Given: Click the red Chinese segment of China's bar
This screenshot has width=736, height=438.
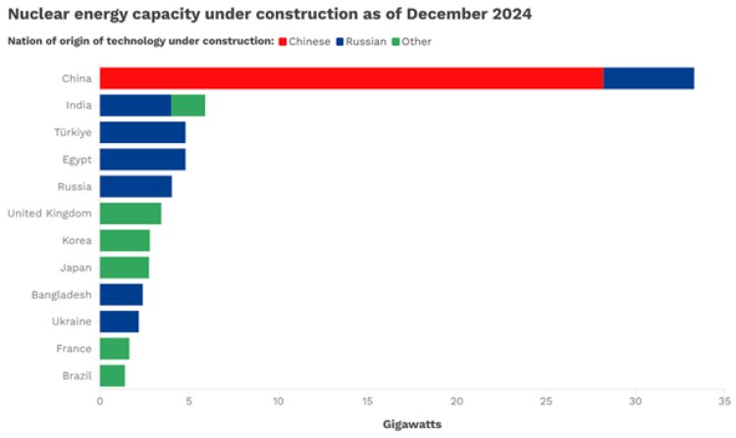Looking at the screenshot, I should (x=351, y=78).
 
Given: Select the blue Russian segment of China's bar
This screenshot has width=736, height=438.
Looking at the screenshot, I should (x=649, y=78).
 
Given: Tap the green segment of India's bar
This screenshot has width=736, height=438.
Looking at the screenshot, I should (x=188, y=106).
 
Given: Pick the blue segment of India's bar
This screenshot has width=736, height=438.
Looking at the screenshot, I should (x=135, y=106).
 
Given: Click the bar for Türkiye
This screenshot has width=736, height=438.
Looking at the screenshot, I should (x=142, y=132).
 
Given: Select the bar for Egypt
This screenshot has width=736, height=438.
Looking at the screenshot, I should (x=142, y=160).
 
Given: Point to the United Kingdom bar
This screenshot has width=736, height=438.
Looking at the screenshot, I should (x=131, y=214).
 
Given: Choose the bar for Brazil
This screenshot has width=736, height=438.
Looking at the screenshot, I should (x=112, y=375).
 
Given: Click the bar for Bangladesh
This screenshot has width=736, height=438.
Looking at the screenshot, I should (x=121, y=294).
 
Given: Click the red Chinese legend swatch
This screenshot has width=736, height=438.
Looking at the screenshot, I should (x=283, y=41).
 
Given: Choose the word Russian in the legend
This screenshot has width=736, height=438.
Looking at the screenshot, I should (x=364, y=41).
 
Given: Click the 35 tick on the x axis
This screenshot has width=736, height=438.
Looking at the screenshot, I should (x=724, y=401).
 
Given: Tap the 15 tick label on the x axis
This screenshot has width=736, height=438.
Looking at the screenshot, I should (x=367, y=401).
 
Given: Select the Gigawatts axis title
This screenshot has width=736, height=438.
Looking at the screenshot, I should (x=411, y=424).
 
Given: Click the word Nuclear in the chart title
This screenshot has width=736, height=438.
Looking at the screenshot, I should (x=37, y=15).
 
